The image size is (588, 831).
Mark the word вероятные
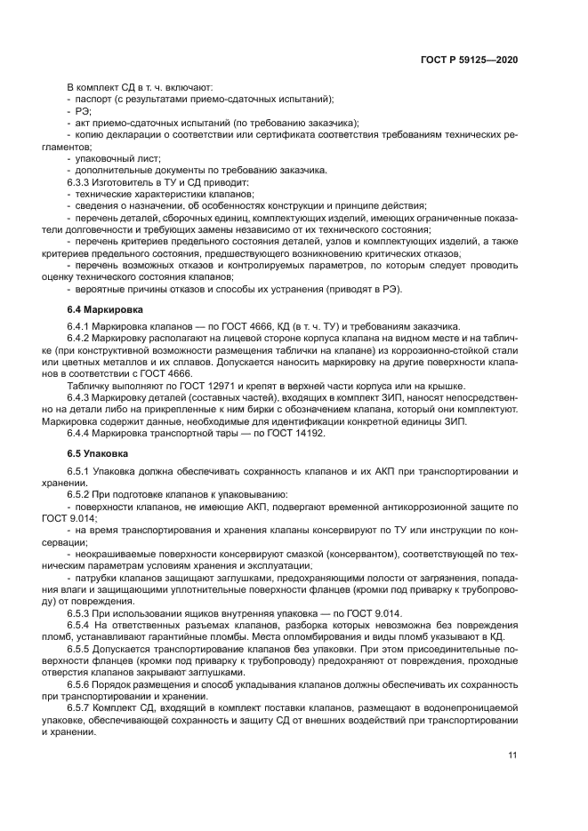pos(101,289)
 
